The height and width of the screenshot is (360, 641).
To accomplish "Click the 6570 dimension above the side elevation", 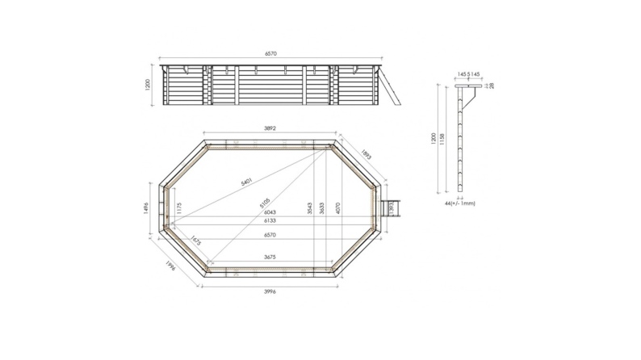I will click(x=271, y=54).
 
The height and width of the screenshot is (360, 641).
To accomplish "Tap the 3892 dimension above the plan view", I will click(x=271, y=128).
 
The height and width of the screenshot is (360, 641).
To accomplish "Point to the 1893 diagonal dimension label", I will click(x=367, y=156).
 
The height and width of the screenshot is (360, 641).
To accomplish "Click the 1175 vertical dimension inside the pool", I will click(x=178, y=209).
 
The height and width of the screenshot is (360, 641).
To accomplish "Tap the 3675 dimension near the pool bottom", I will click(x=271, y=257).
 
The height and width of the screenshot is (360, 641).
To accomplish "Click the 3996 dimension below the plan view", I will click(x=271, y=291).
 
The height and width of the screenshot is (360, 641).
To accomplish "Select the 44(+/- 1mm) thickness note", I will click(x=461, y=203).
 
